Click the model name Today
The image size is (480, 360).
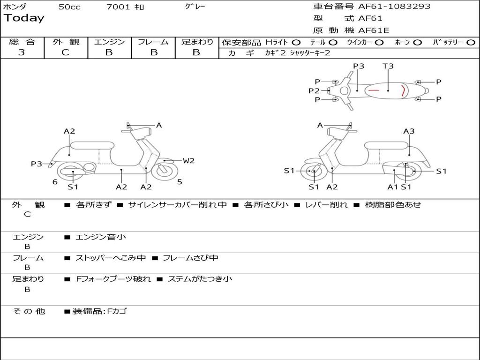click(24, 18)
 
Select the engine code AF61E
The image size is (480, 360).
click(373, 30)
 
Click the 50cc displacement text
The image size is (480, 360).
click(69, 7)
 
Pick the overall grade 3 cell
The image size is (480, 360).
click(22, 52)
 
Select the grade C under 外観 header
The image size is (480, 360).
click(66, 52)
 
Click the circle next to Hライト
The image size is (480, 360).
click(296, 43)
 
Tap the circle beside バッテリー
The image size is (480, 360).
click(471, 43)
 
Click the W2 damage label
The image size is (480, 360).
click(188, 161)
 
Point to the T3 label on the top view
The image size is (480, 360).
click(388, 66)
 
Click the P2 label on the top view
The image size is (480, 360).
click(314, 91)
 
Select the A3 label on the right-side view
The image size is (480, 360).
click(409, 131)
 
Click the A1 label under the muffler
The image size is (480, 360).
click(392, 187)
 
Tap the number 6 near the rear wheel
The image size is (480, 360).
click(55, 182)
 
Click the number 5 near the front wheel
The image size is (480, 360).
click(180, 182)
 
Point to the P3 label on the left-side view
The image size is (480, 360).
click(37, 164)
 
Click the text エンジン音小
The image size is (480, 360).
click(101, 237)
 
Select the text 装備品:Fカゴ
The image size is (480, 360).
click(99, 311)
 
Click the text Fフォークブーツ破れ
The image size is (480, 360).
click(113, 279)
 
